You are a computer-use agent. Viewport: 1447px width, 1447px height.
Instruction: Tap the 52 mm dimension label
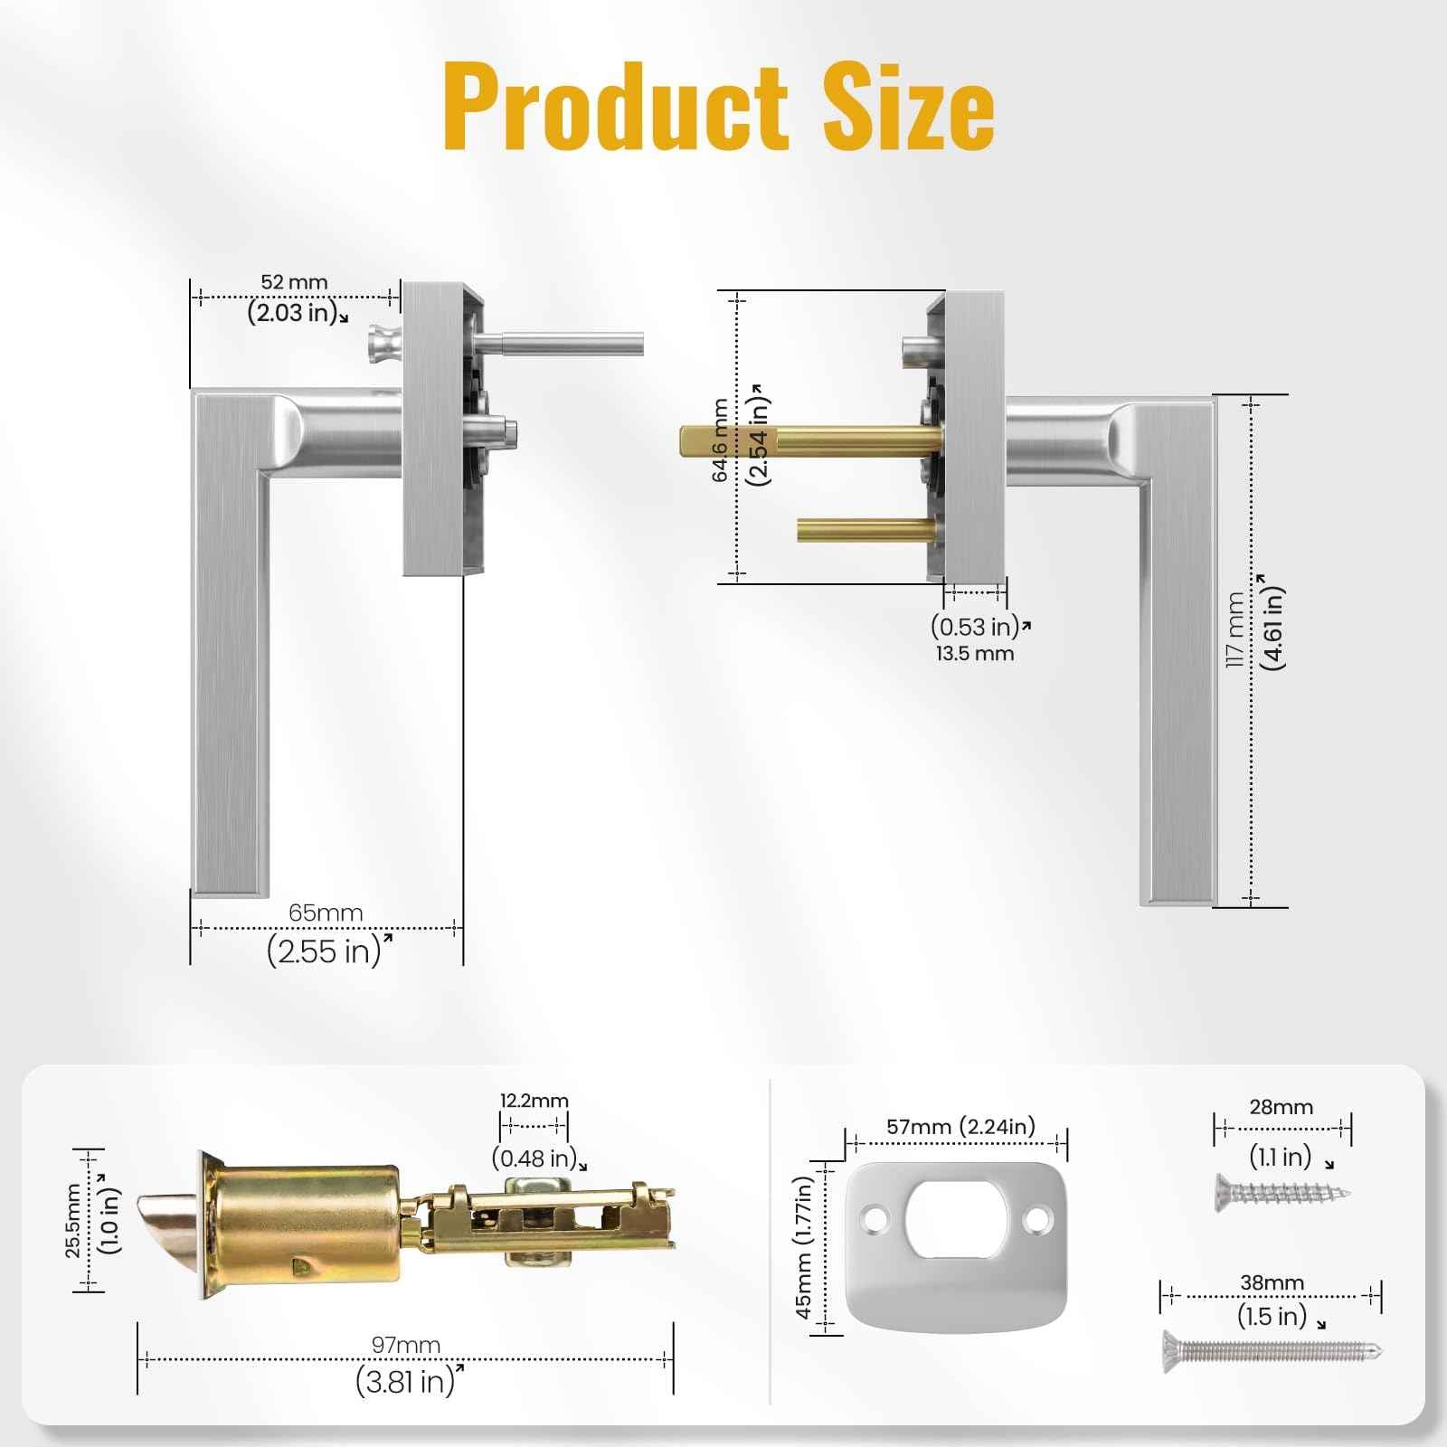(294, 282)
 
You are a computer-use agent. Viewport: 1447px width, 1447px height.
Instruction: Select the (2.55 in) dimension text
(324, 951)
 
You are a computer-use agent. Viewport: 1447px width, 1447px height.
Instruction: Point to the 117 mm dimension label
(1234, 630)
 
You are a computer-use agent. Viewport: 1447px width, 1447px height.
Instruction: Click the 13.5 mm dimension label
(975, 654)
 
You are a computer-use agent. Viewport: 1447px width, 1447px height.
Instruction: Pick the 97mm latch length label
(405, 1345)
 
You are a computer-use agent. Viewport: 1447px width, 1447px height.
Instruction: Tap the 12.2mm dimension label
(534, 1101)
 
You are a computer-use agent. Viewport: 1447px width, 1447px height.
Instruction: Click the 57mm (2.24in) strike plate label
(960, 1127)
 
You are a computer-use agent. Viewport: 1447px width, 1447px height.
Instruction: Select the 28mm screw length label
(1281, 1107)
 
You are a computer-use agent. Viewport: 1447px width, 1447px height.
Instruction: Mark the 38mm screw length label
(1271, 1282)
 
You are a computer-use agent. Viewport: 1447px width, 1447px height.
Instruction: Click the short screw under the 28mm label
(1281, 1194)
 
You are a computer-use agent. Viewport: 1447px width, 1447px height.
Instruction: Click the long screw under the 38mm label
(1272, 1352)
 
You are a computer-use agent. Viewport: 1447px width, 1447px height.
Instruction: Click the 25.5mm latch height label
(74, 1221)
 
